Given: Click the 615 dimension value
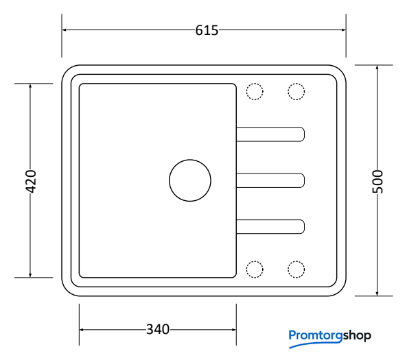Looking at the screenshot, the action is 207,30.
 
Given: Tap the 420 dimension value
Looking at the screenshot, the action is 31,182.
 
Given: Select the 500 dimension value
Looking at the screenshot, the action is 377,182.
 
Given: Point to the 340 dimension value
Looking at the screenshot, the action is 158,329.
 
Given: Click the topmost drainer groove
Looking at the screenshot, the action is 270,128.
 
